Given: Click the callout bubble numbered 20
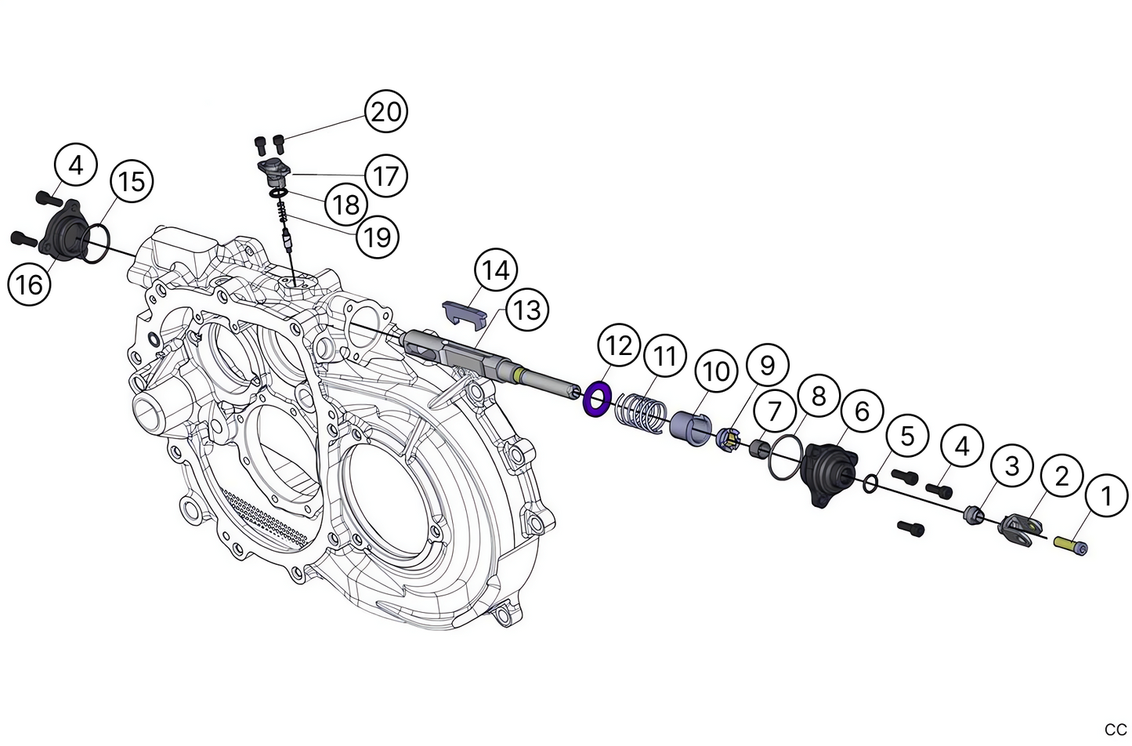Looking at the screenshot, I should click(x=385, y=112).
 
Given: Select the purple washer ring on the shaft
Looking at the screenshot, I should click(x=598, y=400).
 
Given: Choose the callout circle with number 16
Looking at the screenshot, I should click(x=29, y=284).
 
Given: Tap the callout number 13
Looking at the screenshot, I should click(x=527, y=310).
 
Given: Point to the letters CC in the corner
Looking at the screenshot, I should click(x=1115, y=730).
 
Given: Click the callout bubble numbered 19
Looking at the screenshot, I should click(x=378, y=236).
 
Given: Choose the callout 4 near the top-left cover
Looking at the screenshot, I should click(x=75, y=165).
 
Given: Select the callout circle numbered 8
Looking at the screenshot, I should click(x=818, y=396).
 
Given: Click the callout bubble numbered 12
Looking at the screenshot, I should click(x=618, y=346).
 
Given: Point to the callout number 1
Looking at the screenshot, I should click(x=1106, y=495).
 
